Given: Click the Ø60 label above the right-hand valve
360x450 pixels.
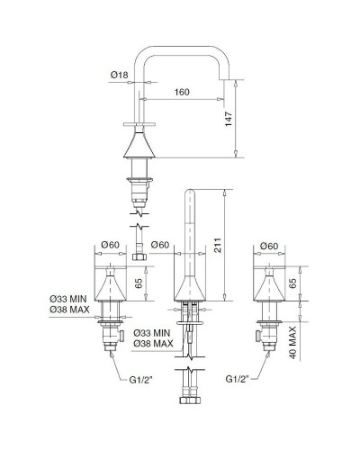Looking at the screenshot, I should click(x=267, y=246).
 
